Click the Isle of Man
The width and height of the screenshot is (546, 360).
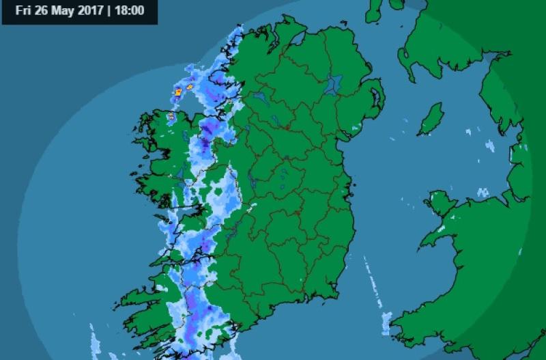click(x=431, y=120)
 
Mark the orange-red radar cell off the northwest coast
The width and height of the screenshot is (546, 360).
click(x=179, y=91)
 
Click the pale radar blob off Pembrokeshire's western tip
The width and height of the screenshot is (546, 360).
click(x=386, y=321)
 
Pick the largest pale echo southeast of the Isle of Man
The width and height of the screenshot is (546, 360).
click(x=489, y=146)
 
